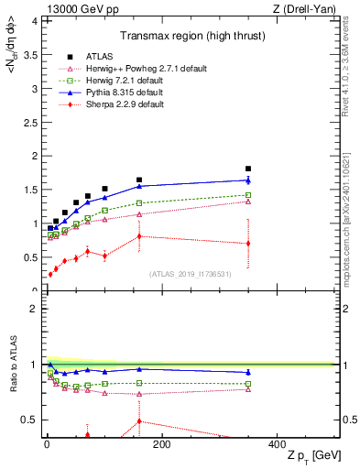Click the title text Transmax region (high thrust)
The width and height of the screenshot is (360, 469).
click(x=190, y=38)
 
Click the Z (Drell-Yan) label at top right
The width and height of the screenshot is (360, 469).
click(x=308, y=8)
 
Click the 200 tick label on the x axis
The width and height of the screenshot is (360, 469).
click(x=161, y=445)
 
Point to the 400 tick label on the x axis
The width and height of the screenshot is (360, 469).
click(x=277, y=445)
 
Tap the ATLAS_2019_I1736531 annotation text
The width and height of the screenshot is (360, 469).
click(x=190, y=274)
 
